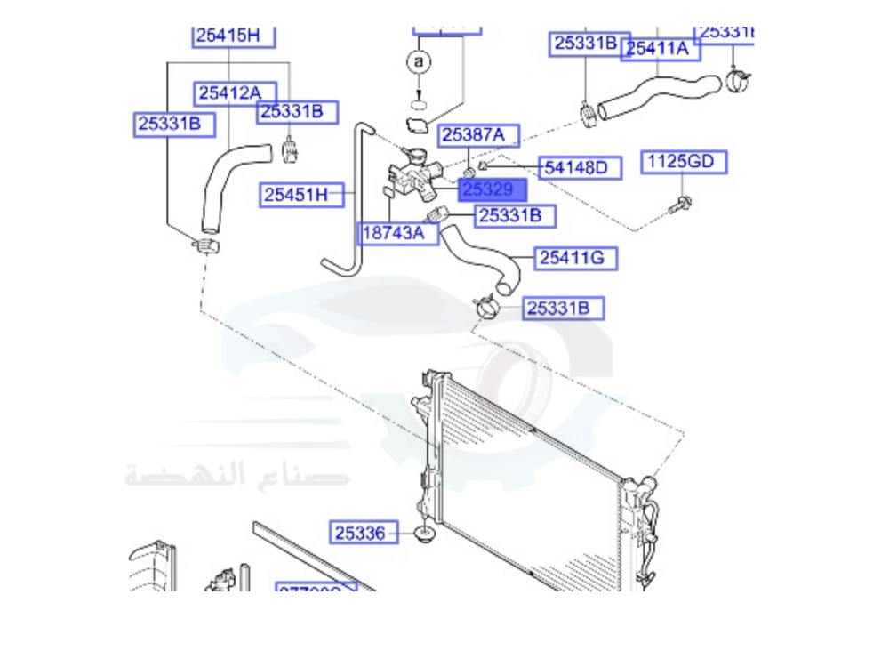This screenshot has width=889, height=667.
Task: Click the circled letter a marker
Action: pyautogui.click(x=418, y=62)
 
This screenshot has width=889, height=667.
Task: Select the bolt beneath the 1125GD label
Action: pyautogui.click(x=685, y=203)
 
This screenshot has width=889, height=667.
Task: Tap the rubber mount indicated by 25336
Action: pyautogui.click(x=425, y=535)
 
